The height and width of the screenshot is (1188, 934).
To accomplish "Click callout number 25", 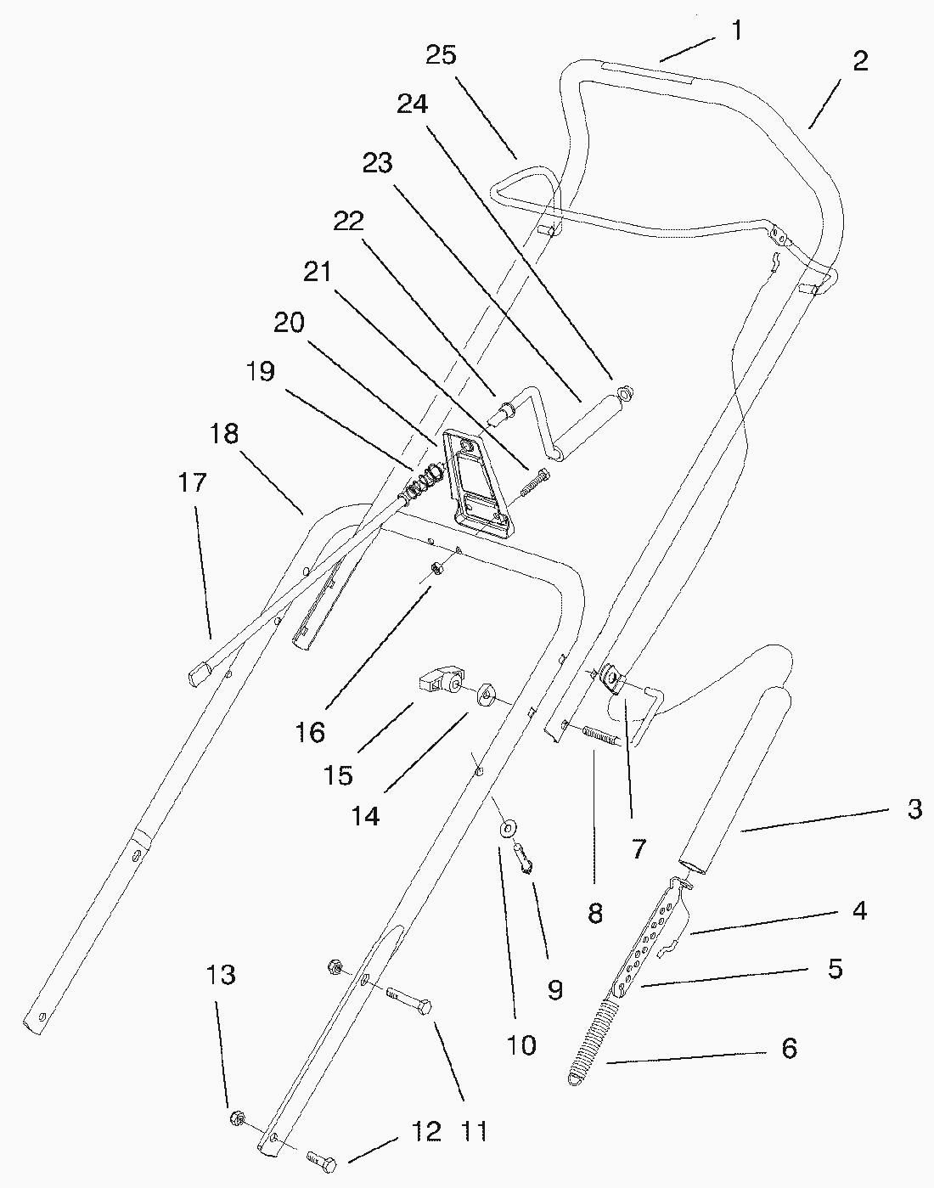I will click(441, 55).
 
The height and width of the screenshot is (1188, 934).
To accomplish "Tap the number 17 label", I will click(193, 482).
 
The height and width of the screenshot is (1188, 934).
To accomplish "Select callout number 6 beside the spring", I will click(789, 1049).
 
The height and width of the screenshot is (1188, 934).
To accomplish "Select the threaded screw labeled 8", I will click(602, 734).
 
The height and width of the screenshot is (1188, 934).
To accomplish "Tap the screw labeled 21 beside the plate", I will click(532, 487).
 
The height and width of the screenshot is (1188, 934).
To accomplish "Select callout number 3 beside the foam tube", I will click(914, 809).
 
